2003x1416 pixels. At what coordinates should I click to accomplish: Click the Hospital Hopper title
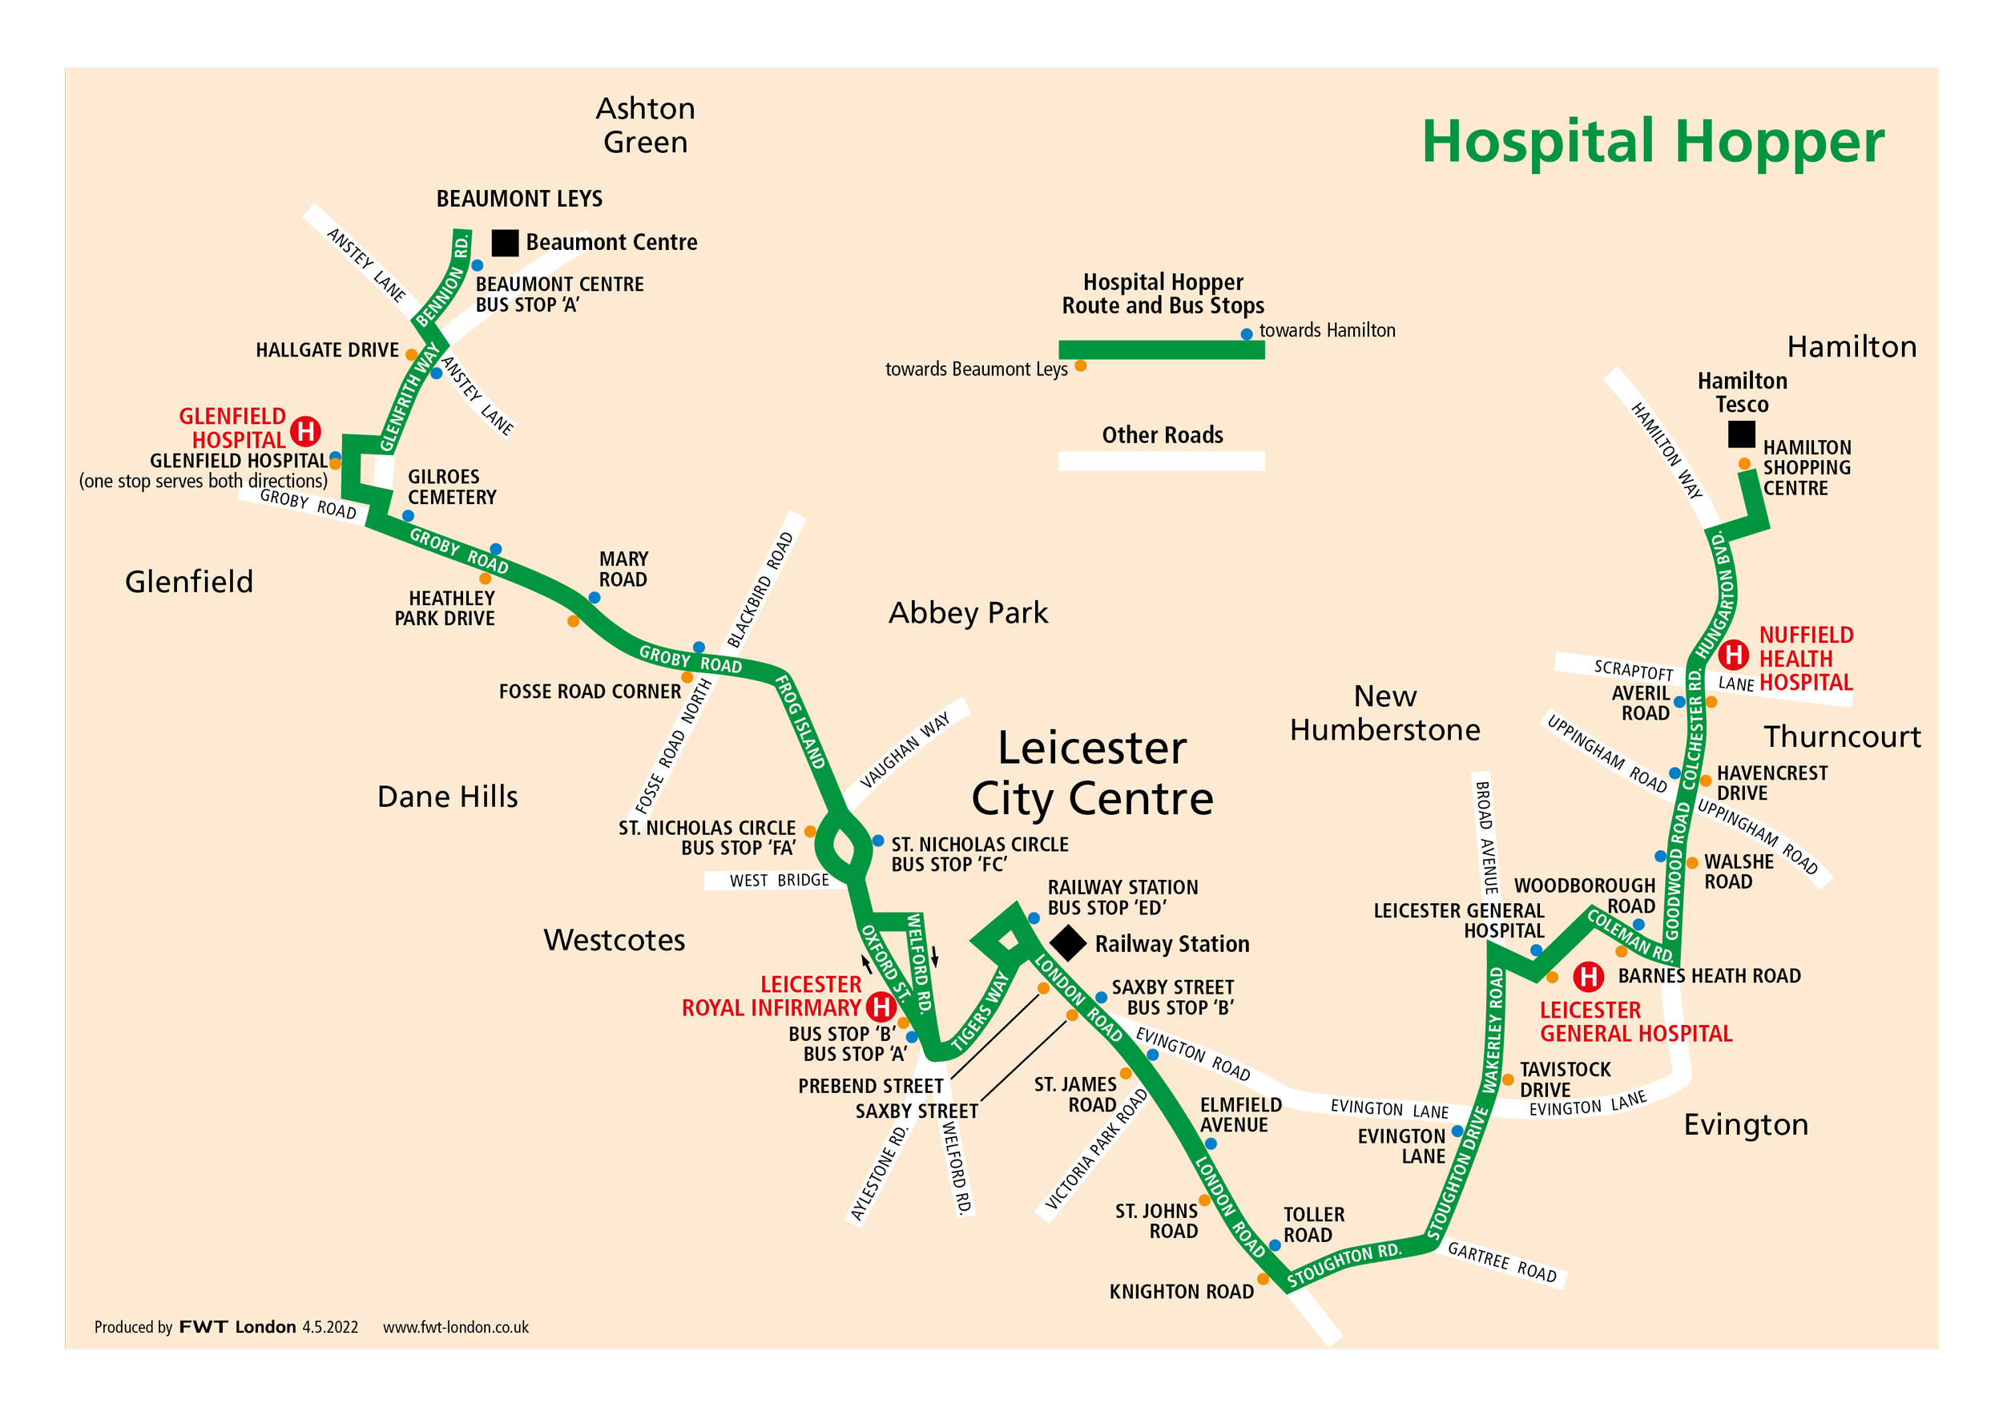tap(1652, 141)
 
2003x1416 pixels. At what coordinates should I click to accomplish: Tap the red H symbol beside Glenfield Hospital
tap(305, 430)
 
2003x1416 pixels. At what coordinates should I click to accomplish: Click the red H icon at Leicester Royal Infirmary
tap(881, 1007)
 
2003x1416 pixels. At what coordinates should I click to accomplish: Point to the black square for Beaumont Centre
tap(504, 243)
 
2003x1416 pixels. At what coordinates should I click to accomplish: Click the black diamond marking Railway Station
tap(1067, 943)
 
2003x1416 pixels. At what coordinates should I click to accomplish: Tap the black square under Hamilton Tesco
tap(1741, 434)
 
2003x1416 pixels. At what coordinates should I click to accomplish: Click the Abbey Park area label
tap(968, 612)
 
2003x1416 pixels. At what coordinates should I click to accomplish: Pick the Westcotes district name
tap(615, 940)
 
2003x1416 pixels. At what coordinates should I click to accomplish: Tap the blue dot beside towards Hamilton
tap(1247, 334)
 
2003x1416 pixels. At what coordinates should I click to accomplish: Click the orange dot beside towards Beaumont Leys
tap(1080, 366)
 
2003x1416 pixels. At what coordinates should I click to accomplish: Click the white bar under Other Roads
tap(1161, 461)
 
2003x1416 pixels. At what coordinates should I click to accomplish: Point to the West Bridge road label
tap(778, 881)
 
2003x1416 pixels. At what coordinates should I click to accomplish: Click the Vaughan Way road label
tap(904, 750)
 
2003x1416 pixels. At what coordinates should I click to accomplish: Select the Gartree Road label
tap(1501, 1261)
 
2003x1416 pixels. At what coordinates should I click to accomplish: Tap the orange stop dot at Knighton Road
tap(1263, 1279)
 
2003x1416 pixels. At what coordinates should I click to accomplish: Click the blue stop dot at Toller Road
tap(1275, 1245)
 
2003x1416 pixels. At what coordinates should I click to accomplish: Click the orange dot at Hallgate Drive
tap(411, 355)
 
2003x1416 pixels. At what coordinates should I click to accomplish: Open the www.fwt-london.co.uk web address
tap(455, 1327)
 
